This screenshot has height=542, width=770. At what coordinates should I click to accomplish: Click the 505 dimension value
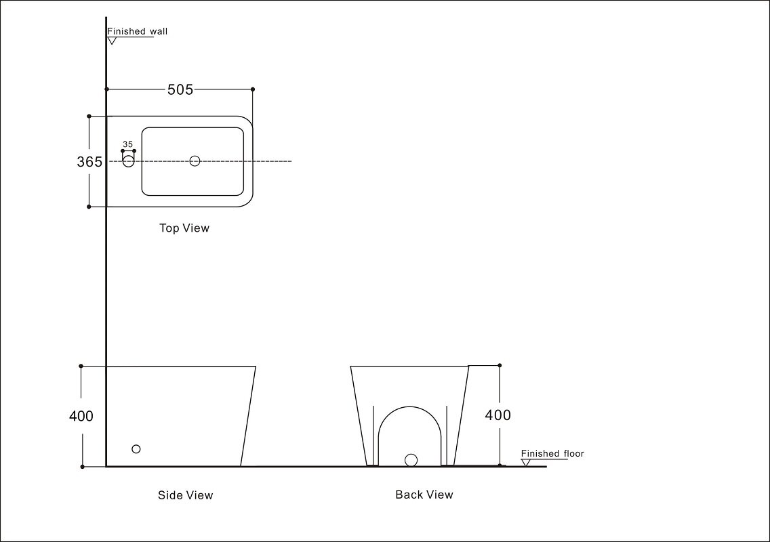click(180, 89)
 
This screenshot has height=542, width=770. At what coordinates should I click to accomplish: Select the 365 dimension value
click(89, 162)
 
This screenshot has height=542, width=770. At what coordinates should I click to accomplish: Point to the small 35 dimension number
click(127, 144)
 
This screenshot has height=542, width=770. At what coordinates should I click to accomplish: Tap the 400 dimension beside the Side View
click(81, 416)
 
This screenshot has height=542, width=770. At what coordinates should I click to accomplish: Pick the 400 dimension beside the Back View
click(498, 415)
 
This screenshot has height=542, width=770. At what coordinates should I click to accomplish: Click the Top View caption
click(184, 228)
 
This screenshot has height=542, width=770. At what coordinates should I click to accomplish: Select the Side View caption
click(185, 495)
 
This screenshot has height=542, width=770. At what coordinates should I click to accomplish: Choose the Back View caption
click(424, 495)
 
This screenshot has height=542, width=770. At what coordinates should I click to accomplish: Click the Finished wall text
click(137, 31)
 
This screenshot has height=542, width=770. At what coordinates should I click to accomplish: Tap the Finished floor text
click(552, 454)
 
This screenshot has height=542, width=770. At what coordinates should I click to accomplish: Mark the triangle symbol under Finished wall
click(112, 41)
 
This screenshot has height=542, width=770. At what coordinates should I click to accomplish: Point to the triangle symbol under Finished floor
click(525, 463)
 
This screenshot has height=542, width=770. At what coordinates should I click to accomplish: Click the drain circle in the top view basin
click(195, 161)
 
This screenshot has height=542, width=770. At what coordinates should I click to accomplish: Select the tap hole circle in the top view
click(128, 161)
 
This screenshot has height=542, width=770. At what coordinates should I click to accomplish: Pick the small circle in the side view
click(136, 449)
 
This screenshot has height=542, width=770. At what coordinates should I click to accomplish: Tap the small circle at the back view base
click(411, 460)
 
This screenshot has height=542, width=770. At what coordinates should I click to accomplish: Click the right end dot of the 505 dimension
click(253, 89)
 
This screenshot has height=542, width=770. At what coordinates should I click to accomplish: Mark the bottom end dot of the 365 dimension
click(89, 207)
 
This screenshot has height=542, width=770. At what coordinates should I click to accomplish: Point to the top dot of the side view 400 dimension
click(81, 366)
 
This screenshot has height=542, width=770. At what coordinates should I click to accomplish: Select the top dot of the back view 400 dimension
click(500, 365)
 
